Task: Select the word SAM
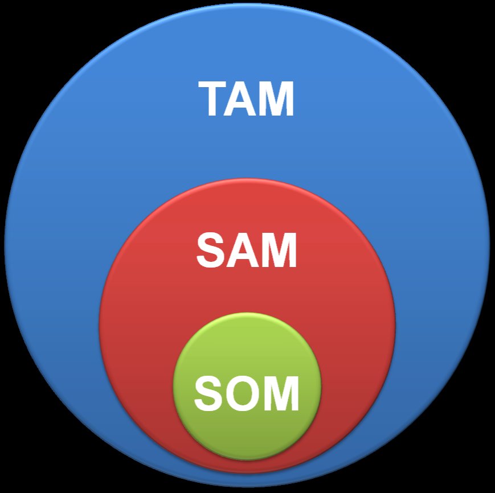tap(247, 251)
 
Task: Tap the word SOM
tap(247, 393)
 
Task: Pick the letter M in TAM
tap(277, 100)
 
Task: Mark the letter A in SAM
tap(242, 251)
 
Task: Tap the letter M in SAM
tap(278, 251)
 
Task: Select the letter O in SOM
tap(242, 393)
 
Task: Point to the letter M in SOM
tap(280, 393)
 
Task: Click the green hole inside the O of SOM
tap(242, 393)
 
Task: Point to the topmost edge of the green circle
tap(247, 314)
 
